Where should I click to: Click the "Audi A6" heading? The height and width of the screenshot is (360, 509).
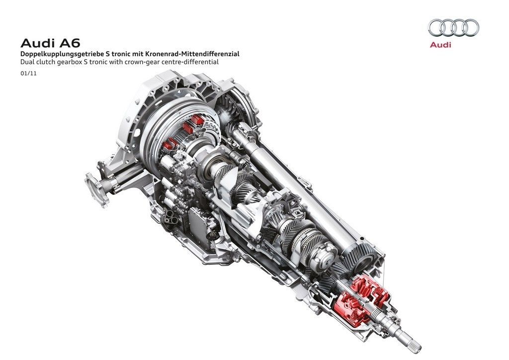coord(50,43)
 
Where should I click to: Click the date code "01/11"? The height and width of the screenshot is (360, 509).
coord(28,74)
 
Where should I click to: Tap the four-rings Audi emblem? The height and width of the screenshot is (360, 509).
coord(453,27)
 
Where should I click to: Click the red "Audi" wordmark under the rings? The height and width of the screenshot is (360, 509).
coord(440,45)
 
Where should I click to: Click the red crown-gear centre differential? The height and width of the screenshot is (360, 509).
coord(362,297)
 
